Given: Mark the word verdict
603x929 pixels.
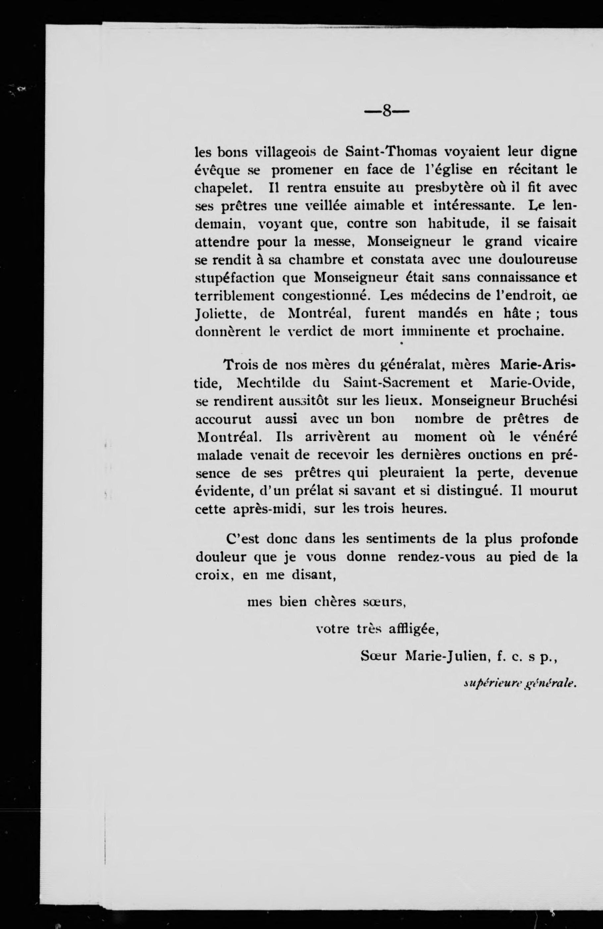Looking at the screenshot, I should (x=310, y=332).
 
